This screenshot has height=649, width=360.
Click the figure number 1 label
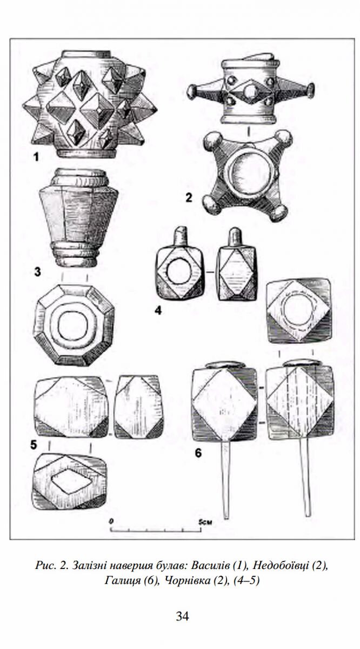36,157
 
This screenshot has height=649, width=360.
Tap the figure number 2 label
189,198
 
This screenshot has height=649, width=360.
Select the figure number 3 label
37,272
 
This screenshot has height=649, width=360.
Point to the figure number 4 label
158,311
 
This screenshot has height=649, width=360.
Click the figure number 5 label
34,445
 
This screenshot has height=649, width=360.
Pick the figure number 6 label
198,453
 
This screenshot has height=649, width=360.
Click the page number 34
183,616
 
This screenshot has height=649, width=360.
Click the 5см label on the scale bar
205,522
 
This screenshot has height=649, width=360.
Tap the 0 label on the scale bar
111,521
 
